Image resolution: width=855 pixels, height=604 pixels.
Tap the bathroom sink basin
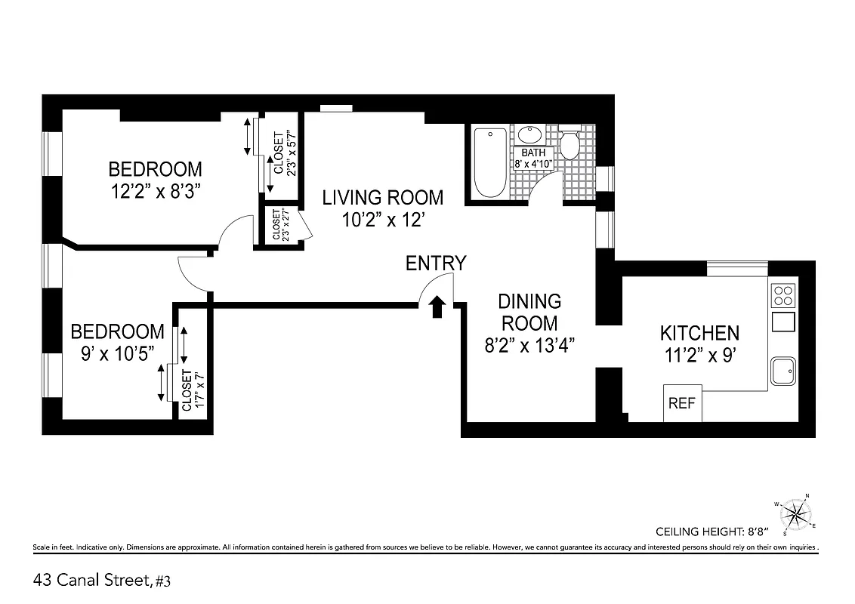pos(531,136)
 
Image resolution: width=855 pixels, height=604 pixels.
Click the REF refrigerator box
pos(682,403)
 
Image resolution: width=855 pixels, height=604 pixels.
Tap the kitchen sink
pos(784,371)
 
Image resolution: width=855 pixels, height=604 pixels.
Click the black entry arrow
pos(437,307)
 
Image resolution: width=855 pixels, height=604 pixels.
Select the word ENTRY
pos(436,263)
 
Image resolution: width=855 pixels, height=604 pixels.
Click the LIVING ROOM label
pos(383,198)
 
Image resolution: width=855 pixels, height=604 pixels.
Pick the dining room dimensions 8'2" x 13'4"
pos(529,345)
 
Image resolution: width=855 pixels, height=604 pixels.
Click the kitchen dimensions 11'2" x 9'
pos(699,355)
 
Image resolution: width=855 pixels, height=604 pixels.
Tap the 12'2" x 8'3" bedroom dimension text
pos(156,192)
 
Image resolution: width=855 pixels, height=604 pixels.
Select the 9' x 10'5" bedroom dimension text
pos(117,353)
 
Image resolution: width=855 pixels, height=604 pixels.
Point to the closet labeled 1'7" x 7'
pos(192,390)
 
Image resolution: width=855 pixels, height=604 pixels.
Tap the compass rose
pos(795,513)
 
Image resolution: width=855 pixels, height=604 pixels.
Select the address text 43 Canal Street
pos(92,581)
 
